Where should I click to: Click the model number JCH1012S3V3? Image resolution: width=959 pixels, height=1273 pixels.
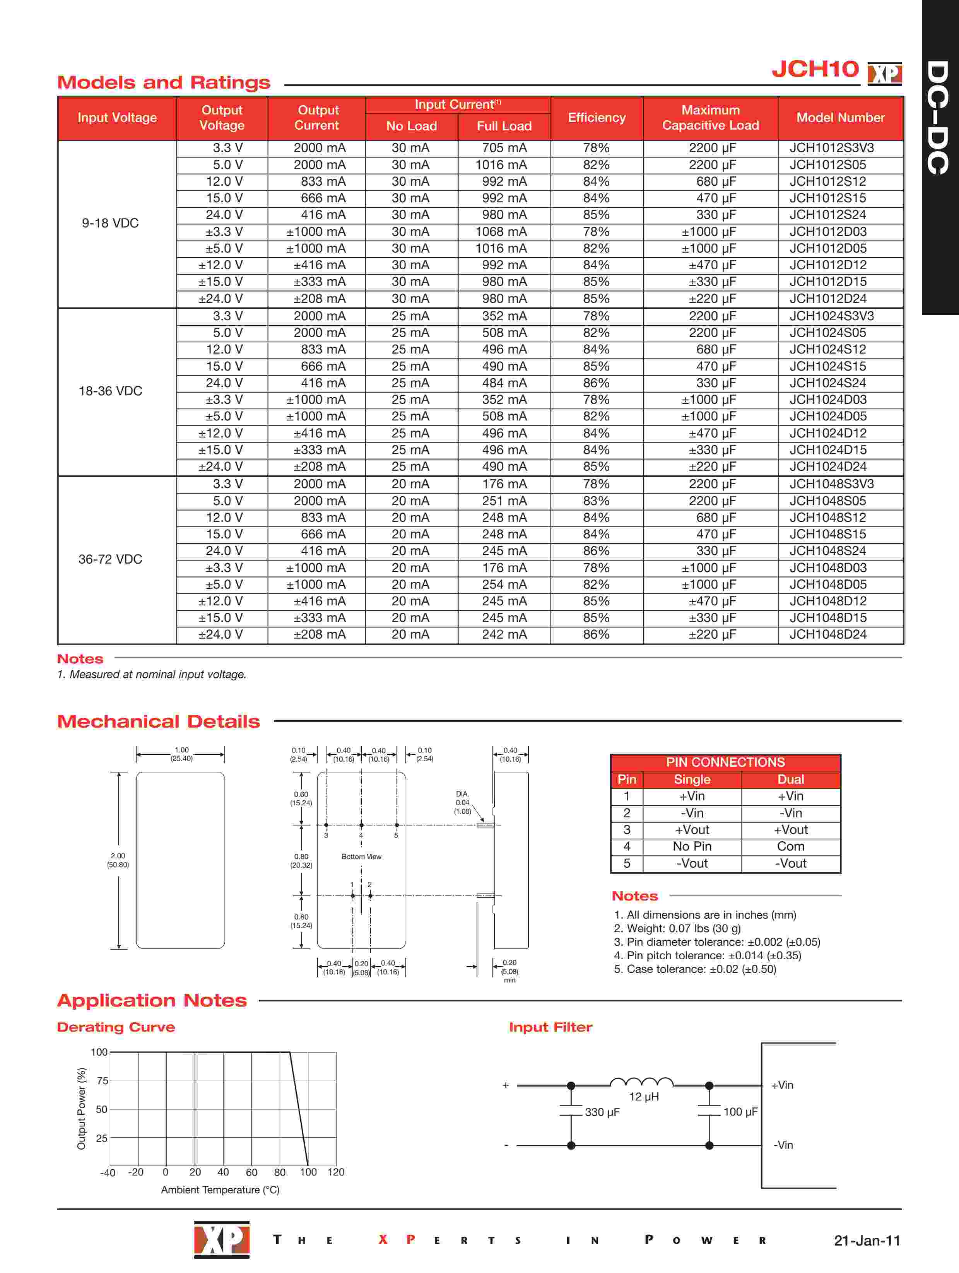(831, 148)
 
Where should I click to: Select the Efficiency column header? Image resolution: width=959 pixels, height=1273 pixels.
(597, 118)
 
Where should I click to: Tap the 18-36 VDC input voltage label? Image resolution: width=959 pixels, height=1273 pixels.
(111, 391)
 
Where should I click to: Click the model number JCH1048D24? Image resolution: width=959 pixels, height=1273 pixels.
(828, 634)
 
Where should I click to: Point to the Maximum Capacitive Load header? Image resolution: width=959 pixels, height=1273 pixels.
(710, 118)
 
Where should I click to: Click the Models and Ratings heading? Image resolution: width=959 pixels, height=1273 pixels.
(164, 82)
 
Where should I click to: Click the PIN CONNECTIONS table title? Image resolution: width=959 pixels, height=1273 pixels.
(725, 762)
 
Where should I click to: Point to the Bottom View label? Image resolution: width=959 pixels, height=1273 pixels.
(361, 856)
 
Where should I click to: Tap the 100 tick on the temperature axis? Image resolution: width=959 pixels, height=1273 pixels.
(308, 1172)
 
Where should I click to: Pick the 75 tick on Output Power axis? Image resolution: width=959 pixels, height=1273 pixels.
(102, 1081)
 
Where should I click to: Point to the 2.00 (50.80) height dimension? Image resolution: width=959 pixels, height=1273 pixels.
(118, 860)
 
